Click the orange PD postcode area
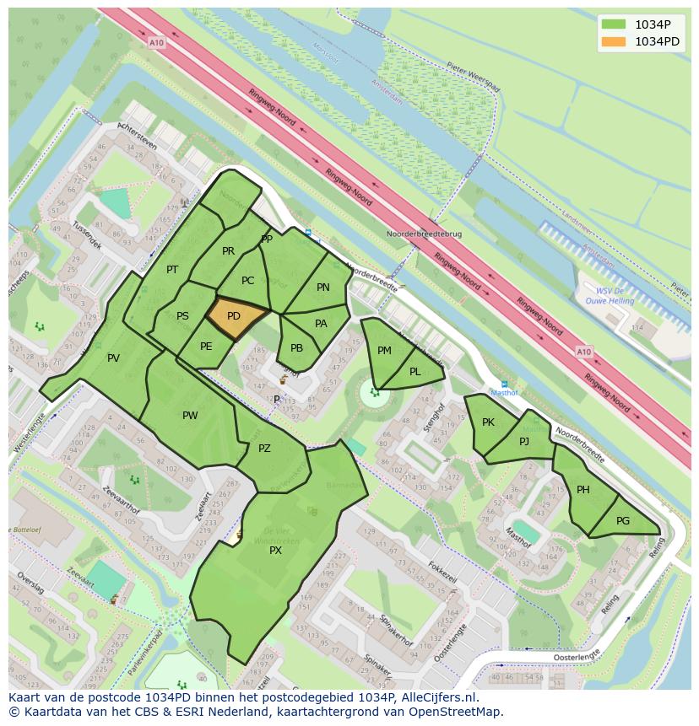tap(235, 316)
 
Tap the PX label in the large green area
tap(275, 550)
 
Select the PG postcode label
tap(623, 521)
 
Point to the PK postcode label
tap(488, 422)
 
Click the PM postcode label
tap(384, 351)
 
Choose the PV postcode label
tap(113, 358)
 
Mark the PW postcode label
tap(190, 415)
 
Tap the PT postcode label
tap(172, 270)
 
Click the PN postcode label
tap(323, 288)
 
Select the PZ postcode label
tap(264, 449)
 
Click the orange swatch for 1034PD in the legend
tap(615, 41)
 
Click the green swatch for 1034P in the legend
tap(615, 24)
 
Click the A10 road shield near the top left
tap(155, 42)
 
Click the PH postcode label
tap(583, 490)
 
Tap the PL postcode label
tap(415, 372)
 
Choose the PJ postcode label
tap(524, 441)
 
